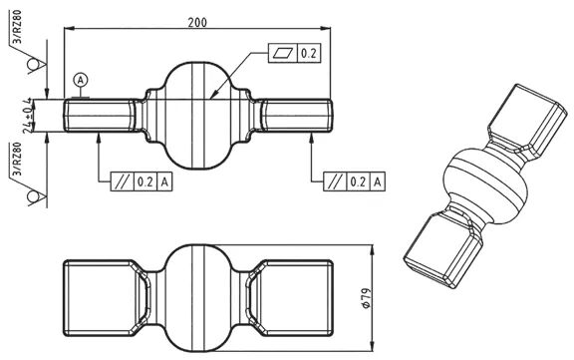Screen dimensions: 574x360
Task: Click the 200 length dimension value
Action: (x=197, y=22)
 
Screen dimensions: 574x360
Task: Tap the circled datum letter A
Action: (x=81, y=80)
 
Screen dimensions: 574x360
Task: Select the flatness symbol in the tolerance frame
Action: (x=283, y=54)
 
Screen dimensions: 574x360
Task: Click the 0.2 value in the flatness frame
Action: (x=308, y=54)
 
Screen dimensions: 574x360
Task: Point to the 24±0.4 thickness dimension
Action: (x=27, y=116)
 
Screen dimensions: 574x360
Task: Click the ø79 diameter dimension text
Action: (x=367, y=298)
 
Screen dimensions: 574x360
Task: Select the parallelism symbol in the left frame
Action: (x=123, y=181)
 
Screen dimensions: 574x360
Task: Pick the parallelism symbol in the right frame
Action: (x=335, y=181)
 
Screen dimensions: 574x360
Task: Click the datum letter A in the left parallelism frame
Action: (x=164, y=181)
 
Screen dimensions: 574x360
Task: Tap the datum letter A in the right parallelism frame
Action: (x=378, y=181)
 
